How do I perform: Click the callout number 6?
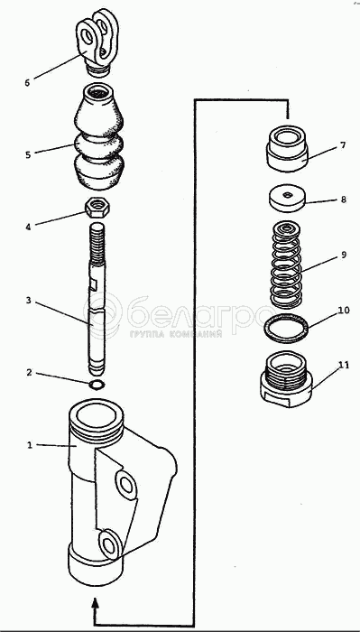[27, 83]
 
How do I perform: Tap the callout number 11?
[343, 365]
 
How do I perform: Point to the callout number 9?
[344, 255]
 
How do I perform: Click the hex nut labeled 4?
[98, 209]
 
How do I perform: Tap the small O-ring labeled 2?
[97, 385]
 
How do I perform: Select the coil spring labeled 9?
[286, 265]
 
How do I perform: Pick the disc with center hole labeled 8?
[287, 199]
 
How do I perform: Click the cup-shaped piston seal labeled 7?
[288, 149]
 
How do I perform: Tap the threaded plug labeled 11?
[286, 379]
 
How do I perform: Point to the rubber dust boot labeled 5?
[98, 136]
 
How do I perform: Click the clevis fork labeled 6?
[97, 42]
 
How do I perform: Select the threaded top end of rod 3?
[97, 245]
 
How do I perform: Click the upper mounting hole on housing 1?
[126, 485]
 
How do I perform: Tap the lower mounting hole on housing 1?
[109, 544]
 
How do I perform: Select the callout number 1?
[29, 445]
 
